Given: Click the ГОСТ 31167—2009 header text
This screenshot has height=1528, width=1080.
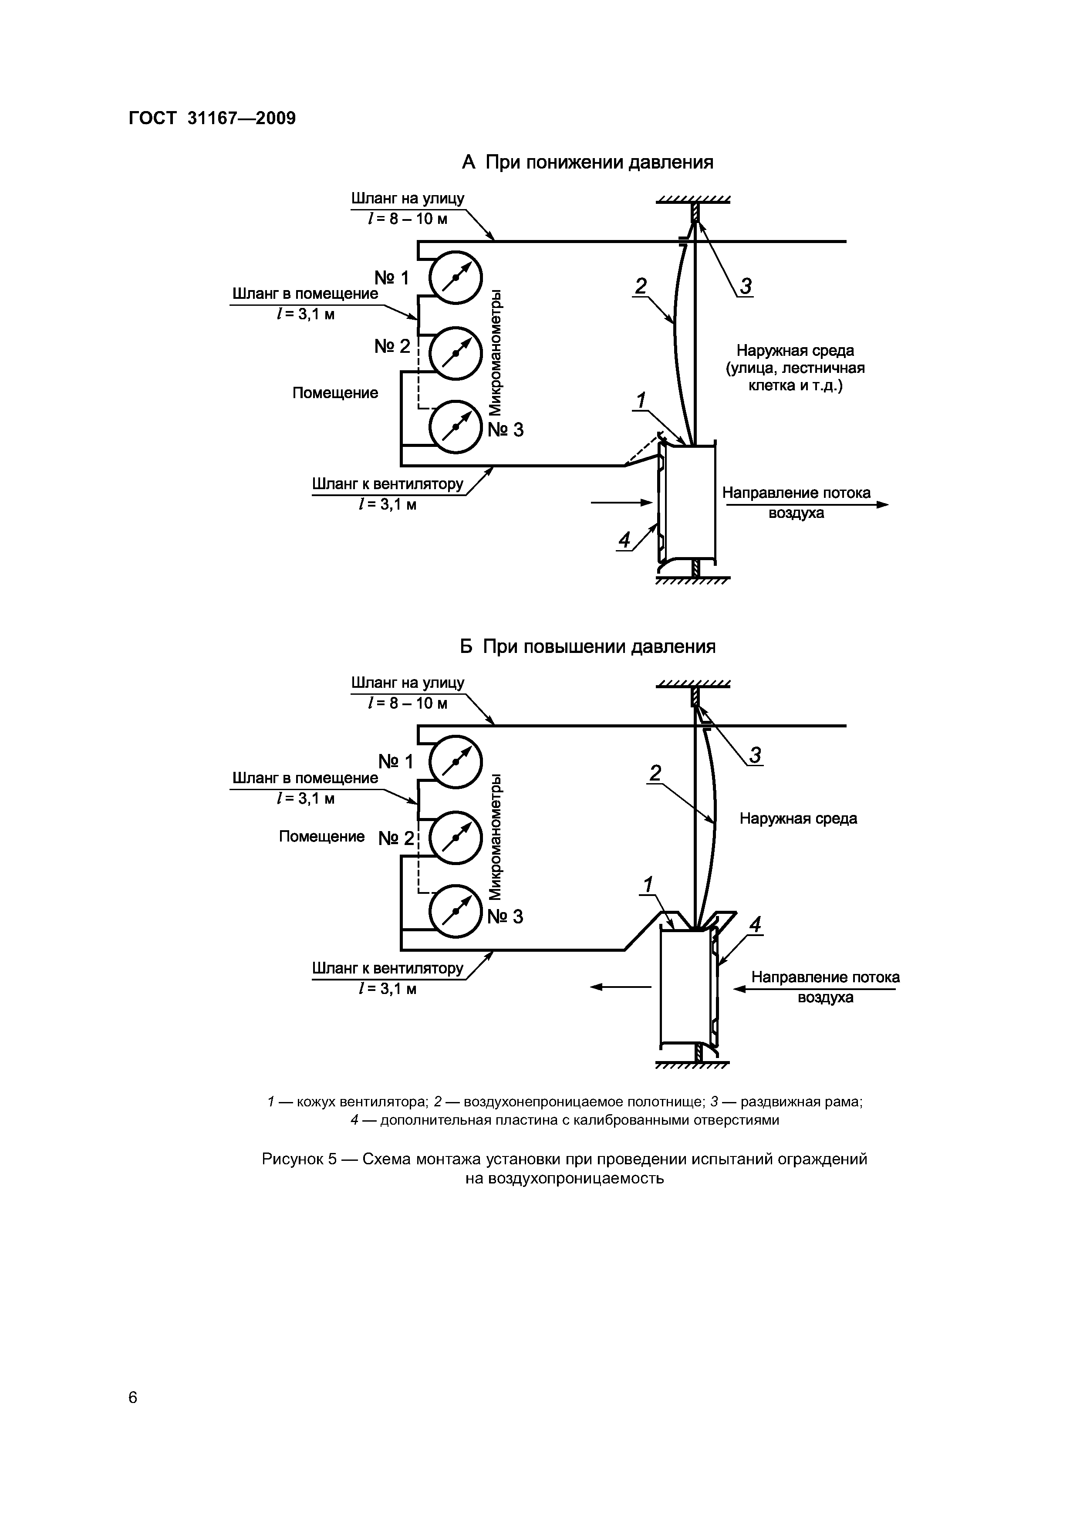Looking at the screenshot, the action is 212,118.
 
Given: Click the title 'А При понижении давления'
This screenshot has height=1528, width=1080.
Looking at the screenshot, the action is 587,162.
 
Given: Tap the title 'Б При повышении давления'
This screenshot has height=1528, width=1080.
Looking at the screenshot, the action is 587,647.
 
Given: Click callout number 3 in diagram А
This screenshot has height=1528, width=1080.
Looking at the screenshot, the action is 746,286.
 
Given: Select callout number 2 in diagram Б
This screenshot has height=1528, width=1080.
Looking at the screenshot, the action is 655,773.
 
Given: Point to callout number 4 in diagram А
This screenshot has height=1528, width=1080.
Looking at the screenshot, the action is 624,541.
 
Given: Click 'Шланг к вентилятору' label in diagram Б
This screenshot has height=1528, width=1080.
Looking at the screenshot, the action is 388,968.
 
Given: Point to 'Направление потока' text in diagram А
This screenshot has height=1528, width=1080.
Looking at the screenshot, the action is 796,493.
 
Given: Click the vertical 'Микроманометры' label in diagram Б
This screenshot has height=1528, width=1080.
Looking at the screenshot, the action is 496,837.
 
